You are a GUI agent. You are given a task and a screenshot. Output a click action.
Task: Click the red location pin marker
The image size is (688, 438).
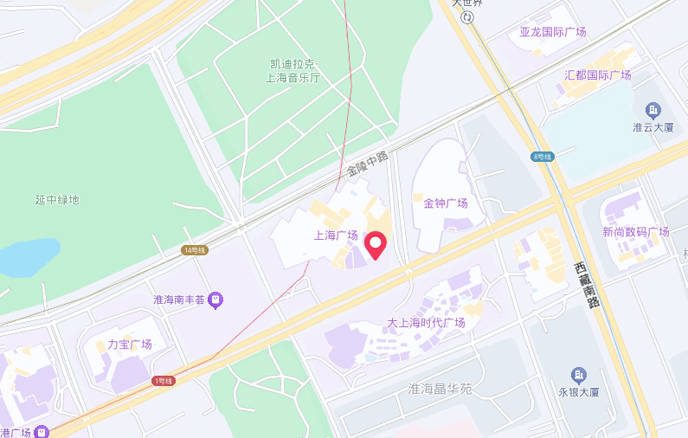pos(376,245)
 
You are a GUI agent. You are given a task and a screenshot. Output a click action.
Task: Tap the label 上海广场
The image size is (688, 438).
pos(336,235)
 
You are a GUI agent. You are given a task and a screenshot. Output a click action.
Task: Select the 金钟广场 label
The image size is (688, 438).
pos(446,203)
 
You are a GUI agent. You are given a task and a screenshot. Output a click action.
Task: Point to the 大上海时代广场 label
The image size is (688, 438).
pos(426,323)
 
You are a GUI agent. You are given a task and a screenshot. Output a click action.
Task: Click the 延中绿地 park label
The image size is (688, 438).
pos(57,200)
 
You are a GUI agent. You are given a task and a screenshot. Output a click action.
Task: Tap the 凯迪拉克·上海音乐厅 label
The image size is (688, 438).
pos(293,71)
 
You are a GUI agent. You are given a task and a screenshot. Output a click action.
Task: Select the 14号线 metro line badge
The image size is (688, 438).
pos(195,250)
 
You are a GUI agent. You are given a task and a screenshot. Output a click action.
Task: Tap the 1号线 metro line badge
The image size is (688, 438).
pos(164,381)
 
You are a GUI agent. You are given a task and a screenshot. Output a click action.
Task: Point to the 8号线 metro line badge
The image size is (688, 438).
pos(543,157)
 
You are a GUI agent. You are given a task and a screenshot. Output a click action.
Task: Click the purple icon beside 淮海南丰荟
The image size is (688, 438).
pos(215,300)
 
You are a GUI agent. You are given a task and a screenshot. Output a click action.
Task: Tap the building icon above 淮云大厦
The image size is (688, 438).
pos(653,110)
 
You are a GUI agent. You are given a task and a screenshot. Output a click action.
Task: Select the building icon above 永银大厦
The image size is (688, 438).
pos(578,375)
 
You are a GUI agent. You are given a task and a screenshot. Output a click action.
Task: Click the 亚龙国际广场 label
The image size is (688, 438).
pos(552,32)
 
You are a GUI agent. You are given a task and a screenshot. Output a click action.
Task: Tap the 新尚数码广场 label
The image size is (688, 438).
pos(636,232)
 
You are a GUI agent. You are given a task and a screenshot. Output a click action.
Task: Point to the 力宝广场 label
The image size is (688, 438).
pos(130,345)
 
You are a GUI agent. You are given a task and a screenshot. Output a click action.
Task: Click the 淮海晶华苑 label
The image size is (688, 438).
pos(440,390)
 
